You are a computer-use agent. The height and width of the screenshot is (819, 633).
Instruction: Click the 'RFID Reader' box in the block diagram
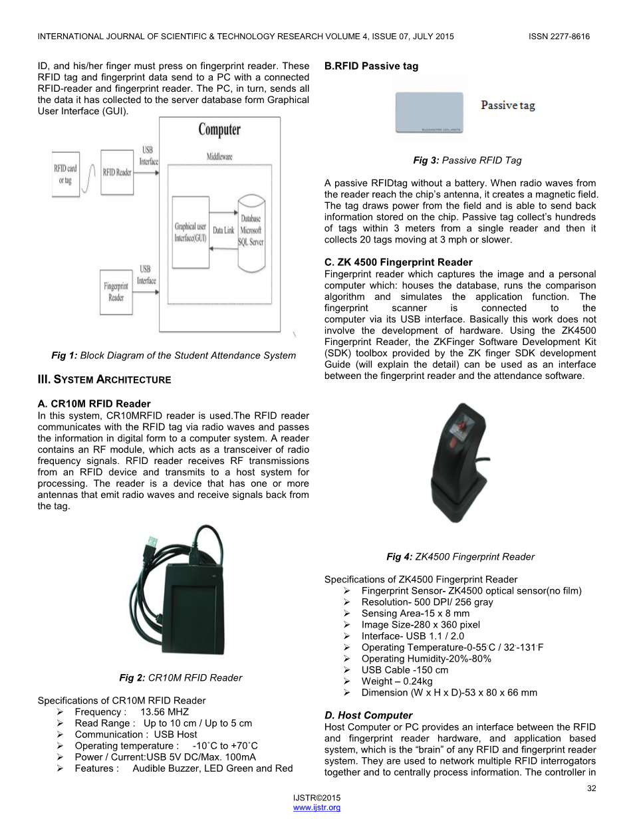click(117, 173)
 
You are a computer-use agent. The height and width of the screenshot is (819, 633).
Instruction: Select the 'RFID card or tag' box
click(65, 174)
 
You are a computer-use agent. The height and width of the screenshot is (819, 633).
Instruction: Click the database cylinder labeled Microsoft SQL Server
click(251, 230)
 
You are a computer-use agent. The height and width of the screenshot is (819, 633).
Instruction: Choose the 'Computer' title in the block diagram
click(219, 130)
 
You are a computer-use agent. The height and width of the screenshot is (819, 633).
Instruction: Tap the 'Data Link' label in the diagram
click(223, 230)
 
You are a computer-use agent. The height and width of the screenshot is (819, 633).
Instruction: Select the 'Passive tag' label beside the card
click(508, 106)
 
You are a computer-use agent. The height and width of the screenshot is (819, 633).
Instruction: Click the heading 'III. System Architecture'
click(104, 380)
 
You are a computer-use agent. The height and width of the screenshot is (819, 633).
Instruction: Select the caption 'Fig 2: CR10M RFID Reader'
click(180, 677)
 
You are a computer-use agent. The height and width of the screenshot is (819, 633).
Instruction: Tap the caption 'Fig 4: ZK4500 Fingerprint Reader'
click(460, 556)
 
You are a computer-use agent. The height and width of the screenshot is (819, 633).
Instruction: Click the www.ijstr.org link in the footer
click(316, 807)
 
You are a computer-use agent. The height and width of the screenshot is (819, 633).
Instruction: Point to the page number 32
click(591, 788)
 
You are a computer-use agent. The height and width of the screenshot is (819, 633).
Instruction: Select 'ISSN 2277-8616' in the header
click(559, 37)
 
